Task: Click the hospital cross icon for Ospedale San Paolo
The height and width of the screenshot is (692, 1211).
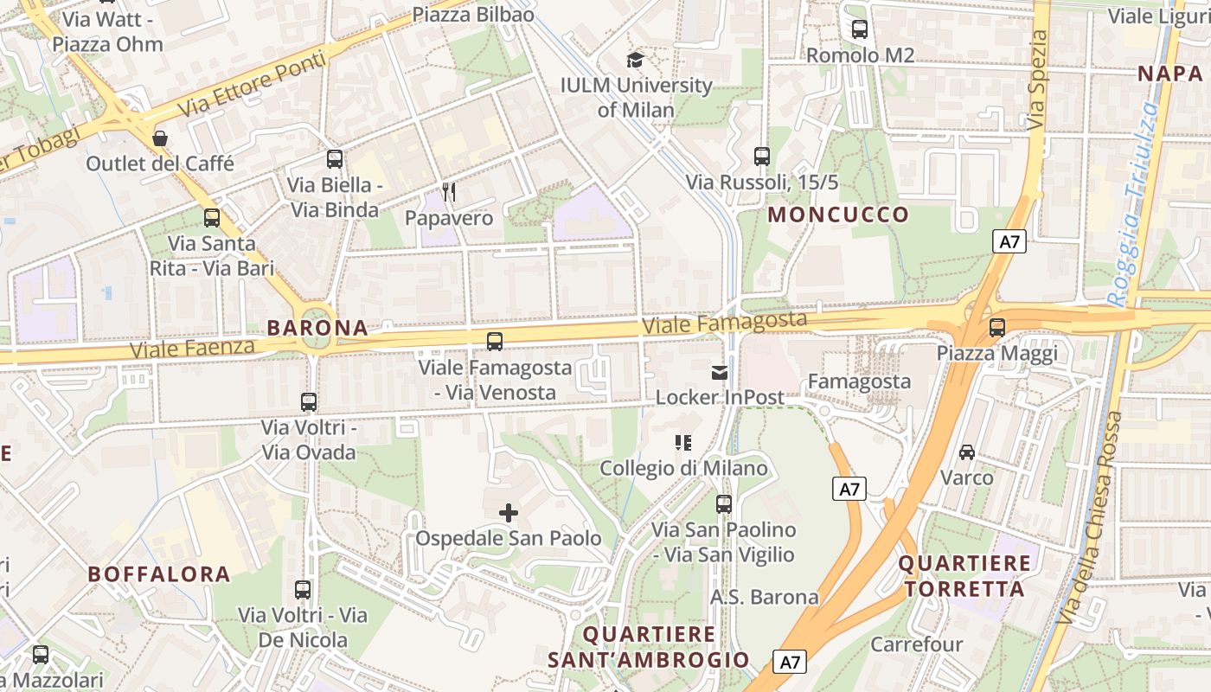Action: coord(509,513)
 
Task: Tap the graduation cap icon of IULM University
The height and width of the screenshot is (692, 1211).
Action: coord(636,60)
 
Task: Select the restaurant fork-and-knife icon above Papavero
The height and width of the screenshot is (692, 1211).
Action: coord(449,191)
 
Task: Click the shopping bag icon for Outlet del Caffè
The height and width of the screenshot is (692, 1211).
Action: coord(160,138)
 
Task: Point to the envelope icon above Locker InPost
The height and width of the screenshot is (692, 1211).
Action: coord(720,372)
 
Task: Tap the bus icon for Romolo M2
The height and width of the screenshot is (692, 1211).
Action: coord(860,29)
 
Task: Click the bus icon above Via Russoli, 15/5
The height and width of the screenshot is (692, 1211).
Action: coord(762,157)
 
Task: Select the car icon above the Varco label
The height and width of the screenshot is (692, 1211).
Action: coord(967,452)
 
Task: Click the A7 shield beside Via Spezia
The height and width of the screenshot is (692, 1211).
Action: coord(1009,241)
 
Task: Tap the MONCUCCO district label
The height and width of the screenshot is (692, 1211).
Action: coord(838,215)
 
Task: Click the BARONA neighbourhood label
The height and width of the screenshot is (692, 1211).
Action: coord(317,328)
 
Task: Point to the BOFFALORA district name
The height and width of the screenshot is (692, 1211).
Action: coord(159,573)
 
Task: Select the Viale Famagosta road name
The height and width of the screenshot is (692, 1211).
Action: coord(724,323)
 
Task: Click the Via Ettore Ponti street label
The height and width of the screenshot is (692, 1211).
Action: coord(253,85)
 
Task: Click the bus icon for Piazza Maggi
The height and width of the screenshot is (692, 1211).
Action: coord(997,328)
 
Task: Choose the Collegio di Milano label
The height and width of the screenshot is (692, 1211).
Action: coord(684,468)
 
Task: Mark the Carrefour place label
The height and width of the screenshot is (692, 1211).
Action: coord(916,644)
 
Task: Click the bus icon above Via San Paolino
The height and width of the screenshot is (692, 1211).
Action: coord(724,503)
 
